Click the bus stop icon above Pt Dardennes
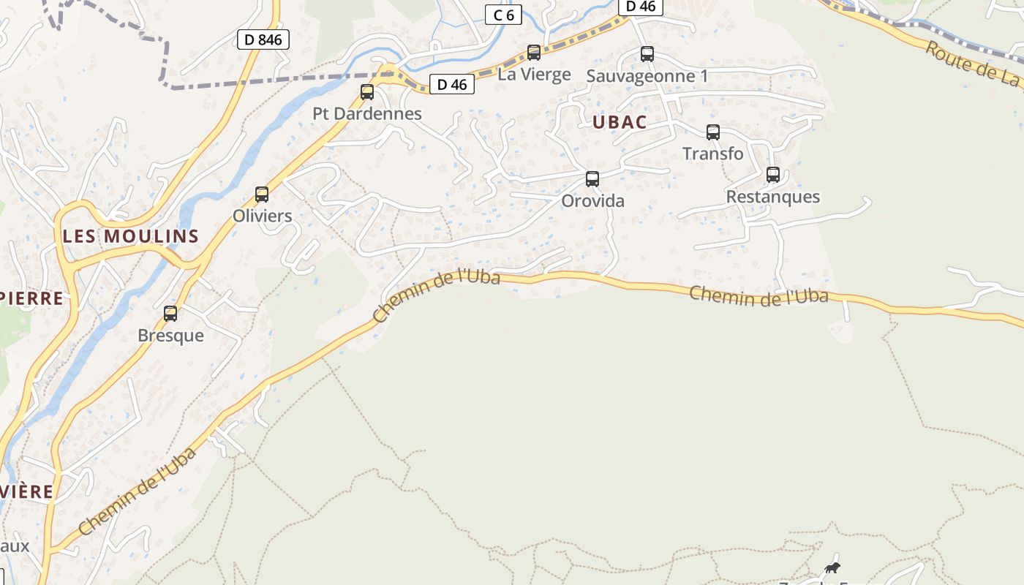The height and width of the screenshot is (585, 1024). pos(367,92)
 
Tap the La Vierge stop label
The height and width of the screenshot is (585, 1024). pos(534,74)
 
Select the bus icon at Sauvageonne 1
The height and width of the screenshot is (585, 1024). pos(647,54)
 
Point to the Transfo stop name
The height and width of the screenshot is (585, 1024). pos(712,154)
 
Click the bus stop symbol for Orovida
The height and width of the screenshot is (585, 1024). pos(592,179)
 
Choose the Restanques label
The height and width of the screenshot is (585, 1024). pos(772,197)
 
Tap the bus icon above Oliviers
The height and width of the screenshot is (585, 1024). pos(262,195)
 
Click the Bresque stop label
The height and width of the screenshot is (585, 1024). pos(170,336)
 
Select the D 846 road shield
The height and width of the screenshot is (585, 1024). pos(263,39)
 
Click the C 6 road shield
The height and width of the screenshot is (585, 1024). pos(503,15)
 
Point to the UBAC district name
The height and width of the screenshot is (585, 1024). pos(620,122)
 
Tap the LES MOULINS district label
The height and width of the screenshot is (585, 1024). pos(131,236)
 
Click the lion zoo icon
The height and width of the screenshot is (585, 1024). pos(832,568)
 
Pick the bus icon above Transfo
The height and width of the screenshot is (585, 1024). pos(712,132)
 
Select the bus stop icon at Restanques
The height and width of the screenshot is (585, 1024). pos(773,175)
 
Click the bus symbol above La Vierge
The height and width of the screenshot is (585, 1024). pos(534,53)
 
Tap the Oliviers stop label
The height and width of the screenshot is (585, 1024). pos(262,216)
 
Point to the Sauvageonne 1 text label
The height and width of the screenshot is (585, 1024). pos(647,76)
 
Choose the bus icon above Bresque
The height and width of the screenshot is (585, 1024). pos(170,314)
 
